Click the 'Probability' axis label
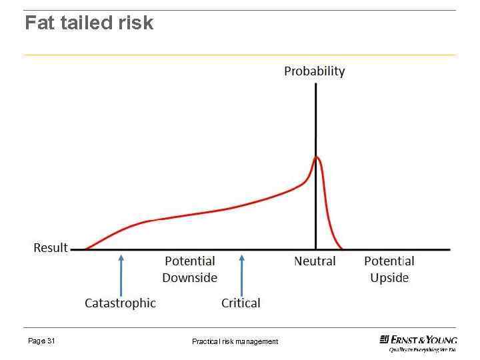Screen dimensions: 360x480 point(315,71)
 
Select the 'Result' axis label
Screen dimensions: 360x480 point(51,248)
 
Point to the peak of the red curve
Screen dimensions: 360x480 point(317,157)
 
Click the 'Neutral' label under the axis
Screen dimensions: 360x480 point(315,261)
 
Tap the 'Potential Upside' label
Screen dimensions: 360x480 point(389,269)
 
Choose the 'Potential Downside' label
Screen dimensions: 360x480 point(190,269)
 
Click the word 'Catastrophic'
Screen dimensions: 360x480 point(120,303)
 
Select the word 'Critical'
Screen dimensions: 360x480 point(241,303)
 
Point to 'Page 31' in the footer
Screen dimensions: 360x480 point(41,341)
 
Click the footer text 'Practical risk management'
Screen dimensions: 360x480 point(235,341)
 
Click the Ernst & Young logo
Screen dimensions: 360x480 point(418,339)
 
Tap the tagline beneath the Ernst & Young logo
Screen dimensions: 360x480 point(422,349)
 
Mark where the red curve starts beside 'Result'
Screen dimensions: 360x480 point(85,249)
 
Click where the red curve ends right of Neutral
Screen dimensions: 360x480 point(341,249)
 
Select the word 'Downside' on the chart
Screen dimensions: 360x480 point(190,277)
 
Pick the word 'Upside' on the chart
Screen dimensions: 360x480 point(389,277)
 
